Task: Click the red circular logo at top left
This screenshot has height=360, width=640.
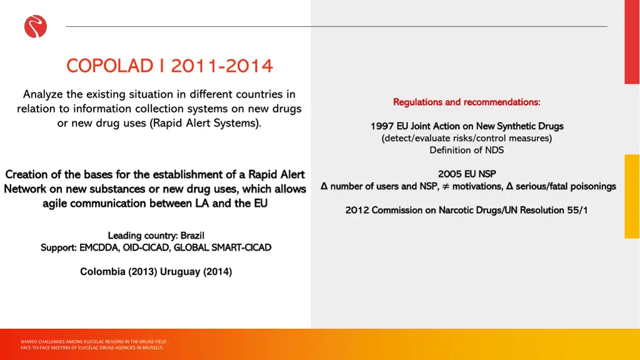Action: [x=36, y=26]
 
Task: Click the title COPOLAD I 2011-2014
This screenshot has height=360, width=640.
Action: [x=169, y=65]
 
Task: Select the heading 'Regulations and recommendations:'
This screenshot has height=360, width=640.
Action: [x=466, y=102]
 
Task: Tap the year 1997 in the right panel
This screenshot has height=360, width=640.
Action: [x=382, y=126]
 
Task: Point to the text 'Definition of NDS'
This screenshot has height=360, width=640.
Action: [x=466, y=150]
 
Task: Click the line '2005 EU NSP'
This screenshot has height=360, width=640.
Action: [x=466, y=174]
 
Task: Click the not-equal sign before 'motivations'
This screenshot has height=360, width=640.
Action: [x=445, y=186]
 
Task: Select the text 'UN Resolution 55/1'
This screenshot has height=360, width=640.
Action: [x=546, y=210]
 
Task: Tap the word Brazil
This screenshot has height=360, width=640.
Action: [x=192, y=236]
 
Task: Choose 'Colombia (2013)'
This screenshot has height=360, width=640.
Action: [x=119, y=272]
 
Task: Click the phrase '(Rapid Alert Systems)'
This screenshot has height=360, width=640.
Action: [x=206, y=123]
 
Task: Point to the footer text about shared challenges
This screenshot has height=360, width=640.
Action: [x=94, y=344]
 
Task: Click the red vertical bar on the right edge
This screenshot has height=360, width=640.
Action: [x=632, y=42]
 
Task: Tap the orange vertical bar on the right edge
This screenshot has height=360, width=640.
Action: [x=632, y=196]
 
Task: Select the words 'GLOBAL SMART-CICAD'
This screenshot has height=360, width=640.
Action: [x=222, y=247]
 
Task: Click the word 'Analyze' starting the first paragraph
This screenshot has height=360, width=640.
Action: [x=43, y=94]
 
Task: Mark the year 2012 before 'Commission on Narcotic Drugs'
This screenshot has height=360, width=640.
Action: [x=357, y=210]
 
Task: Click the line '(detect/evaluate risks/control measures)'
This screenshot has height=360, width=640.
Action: [x=466, y=138]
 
